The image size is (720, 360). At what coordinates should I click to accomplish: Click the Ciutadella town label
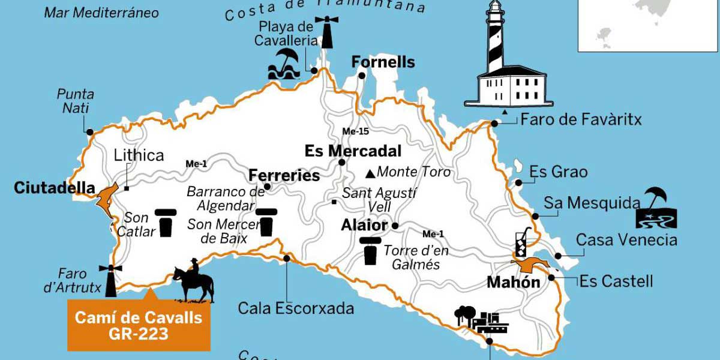(x=55, y=188)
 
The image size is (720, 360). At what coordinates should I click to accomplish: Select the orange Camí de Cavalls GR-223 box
(x=139, y=326)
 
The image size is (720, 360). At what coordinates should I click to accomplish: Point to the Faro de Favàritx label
(x=581, y=119)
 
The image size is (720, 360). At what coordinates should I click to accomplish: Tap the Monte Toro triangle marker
(x=370, y=174)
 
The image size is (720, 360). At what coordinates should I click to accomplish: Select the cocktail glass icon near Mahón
(x=520, y=242)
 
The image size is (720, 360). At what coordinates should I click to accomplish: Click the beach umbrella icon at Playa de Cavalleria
(x=284, y=64)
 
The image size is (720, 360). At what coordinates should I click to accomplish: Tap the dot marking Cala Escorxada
(x=287, y=259)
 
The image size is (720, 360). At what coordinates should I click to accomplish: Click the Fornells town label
(x=383, y=62)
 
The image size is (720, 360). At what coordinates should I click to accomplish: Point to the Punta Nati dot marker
(x=89, y=131)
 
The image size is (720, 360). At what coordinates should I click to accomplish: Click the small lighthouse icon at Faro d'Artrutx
(x=110, y=280)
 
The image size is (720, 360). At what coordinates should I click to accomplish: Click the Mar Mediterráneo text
(x=101, y=13)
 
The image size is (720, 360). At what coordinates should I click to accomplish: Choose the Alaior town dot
(x=395, y=226)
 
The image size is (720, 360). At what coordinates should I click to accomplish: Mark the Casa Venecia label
(x=626, y=240)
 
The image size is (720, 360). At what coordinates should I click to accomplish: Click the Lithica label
(x=139, y=155)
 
